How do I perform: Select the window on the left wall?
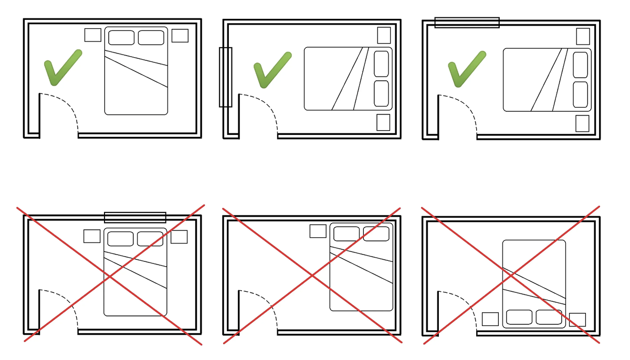pyautogui.click(x=225, y=77)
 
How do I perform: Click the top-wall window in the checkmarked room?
pyautogui.click(x=467, y=22)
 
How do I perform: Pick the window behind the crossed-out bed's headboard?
pyautogui.click(x=135, y=217)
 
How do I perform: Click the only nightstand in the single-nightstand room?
pyautogui.click(x=318, y=231)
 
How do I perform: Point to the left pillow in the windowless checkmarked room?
pyautogui.click(x=121, y=38)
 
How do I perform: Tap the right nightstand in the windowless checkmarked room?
pyautogui.click(x=180, y=36)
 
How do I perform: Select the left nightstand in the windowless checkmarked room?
pyautogui.click(x=93, y=35)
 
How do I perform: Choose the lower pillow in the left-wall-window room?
pyautogui.click(x=381, y=93)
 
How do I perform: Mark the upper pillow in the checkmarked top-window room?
pyautogui.click(x=580, y=65)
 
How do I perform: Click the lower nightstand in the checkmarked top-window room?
pyautogui.click(x=582, y=123)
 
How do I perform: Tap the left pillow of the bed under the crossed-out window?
pyautogui.click(x=120, y=239)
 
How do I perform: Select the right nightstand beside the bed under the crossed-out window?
pyautogui.click(x=179, y=237)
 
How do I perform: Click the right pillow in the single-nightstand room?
pyautogui.click(x=376, y=234)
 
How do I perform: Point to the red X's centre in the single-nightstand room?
pyautogui.click(x=312, y=276)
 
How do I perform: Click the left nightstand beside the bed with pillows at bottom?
pyautogui.click(x=490, y=319)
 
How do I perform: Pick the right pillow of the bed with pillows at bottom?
pyautogui.click(x=549, y=317)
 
